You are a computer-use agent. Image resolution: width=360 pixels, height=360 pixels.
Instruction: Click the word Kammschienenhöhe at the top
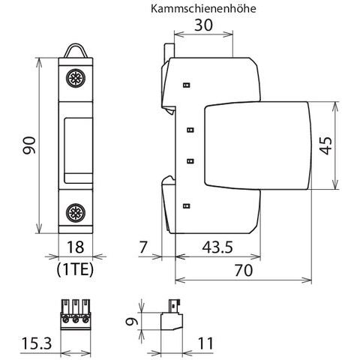203,8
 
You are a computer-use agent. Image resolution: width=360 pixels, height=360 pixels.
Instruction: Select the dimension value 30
203,25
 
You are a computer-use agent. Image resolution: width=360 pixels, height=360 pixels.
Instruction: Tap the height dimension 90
29,145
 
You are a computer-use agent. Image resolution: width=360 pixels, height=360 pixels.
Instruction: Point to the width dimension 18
75,247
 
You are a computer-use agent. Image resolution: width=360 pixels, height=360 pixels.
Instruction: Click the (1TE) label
75,269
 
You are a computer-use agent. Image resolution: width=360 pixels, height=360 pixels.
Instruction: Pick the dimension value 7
142,247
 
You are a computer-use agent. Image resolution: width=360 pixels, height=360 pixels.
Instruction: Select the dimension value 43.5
217,247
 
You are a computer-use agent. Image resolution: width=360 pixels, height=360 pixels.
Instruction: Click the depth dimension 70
244,271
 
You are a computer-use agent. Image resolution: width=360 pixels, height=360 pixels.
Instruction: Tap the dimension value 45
325,145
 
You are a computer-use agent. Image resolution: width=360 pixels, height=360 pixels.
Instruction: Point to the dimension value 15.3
37,343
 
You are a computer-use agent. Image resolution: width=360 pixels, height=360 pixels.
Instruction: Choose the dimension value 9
132,321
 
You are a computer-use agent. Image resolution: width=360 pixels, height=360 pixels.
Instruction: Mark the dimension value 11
205,343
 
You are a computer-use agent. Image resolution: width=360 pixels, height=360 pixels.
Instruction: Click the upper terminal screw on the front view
76,79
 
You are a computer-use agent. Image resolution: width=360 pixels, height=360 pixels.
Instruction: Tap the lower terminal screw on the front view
76,212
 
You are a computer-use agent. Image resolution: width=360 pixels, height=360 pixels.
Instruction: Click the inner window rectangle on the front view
78,151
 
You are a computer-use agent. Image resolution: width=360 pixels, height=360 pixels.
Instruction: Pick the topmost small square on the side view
187,85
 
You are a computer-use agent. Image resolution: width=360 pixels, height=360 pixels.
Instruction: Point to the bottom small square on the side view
187,206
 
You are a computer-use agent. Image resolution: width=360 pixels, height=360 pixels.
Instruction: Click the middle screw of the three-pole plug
76,319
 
